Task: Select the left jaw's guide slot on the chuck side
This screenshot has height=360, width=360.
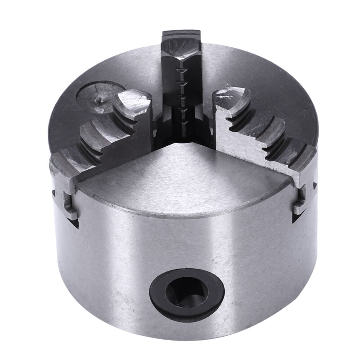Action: coord(67,202)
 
